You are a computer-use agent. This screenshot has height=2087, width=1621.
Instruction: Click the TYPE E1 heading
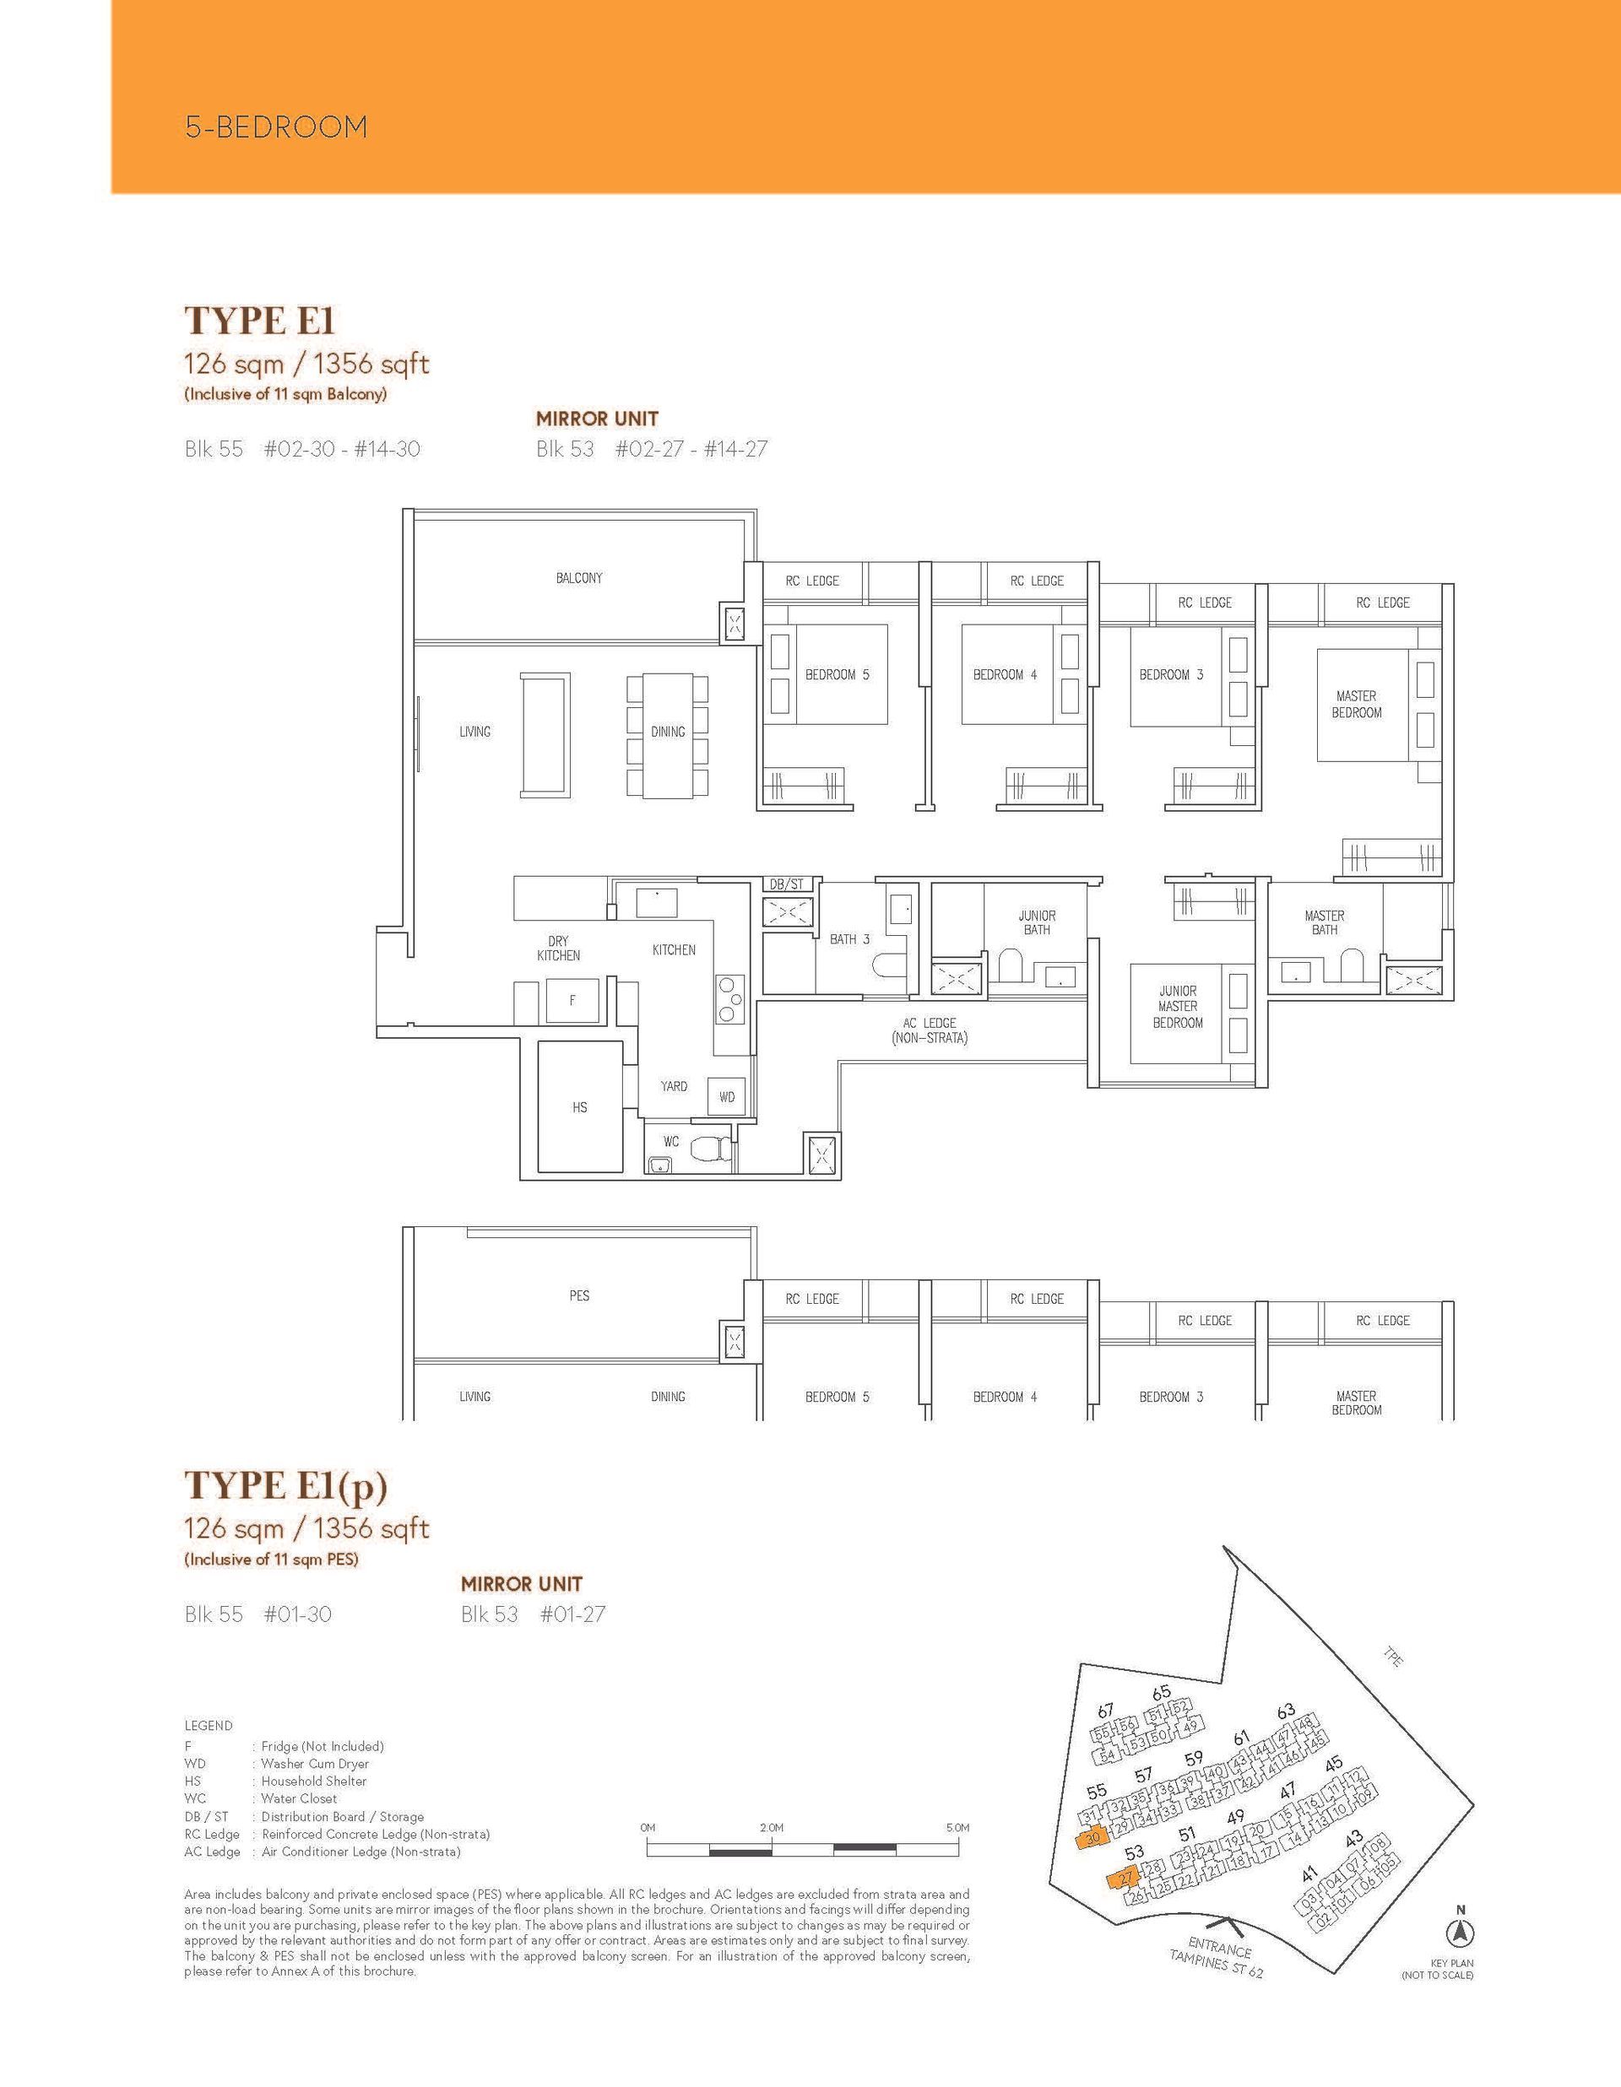pos(259,321)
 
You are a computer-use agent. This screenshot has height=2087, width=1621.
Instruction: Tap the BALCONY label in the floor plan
pos(579,578)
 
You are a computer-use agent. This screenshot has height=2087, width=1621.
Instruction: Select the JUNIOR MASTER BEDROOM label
pos(1178,1006)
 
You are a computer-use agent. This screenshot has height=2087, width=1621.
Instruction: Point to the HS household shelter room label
pos(579,1107)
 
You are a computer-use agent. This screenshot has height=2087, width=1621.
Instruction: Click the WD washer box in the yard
pos(726,1097)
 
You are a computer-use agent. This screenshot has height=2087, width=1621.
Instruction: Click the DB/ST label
pos(787,885)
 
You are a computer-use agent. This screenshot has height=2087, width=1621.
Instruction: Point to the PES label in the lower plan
pos(579,1295)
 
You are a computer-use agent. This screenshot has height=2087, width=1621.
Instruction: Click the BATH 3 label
pos(849,939)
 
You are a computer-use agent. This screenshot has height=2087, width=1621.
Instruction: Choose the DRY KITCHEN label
pos(558,948)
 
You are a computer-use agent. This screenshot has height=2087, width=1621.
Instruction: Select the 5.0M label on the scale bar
pos(957,1828)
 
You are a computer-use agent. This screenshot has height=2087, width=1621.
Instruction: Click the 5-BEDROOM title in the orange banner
pos(276,127)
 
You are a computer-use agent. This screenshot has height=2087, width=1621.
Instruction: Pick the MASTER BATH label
pos(1324,922)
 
